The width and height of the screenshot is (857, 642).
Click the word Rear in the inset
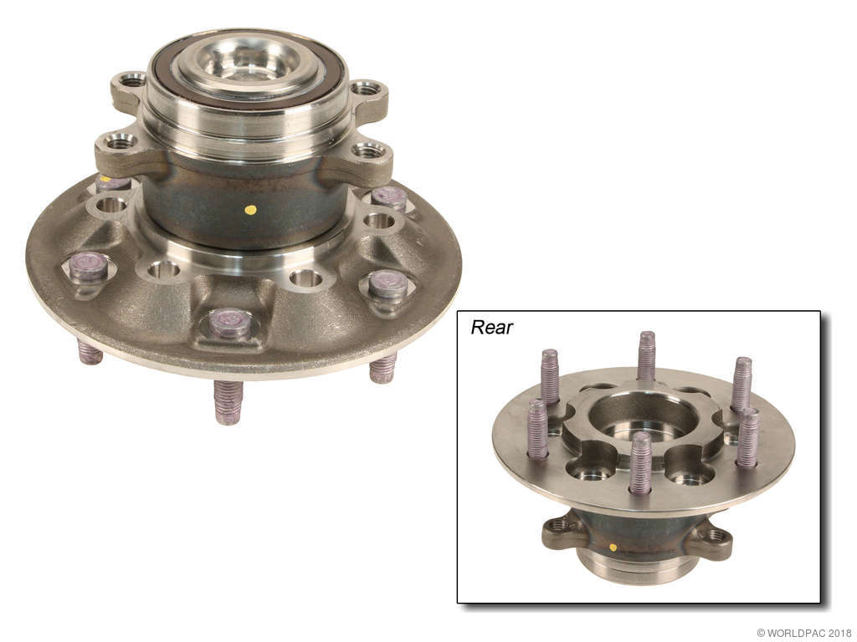[x=491, y=327]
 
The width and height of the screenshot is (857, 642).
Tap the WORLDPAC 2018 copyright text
[x=803, y=633]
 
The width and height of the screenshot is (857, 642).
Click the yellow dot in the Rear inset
[x=613, y=547]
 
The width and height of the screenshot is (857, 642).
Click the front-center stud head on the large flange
[x=230, y=322]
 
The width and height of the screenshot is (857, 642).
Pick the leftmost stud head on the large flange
[x=89, y=266]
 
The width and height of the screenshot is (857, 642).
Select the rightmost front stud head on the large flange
[x=387, y=284]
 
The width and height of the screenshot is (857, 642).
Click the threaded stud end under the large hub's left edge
[x=90, y=351]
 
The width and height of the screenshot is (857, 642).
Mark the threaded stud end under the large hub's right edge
[x=382, y=367]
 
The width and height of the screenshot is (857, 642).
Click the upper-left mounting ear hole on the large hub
[x=132, y=80]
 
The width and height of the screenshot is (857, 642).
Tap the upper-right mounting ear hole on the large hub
[x=366, y=88]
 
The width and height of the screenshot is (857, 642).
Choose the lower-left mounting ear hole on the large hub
[x=121, y=143]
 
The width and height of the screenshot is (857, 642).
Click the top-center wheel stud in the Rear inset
[x=646, y=354]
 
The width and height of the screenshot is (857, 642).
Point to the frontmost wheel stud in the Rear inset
[x=640, y=461]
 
